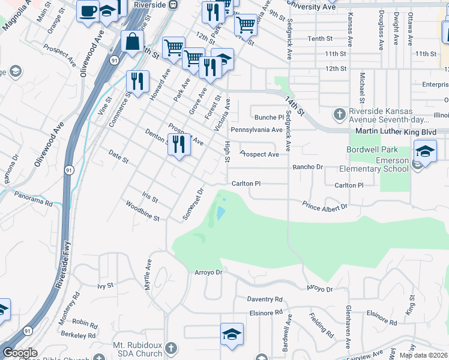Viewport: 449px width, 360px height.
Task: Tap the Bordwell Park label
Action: [368, 149]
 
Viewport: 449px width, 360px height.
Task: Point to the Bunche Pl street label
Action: [268, 118]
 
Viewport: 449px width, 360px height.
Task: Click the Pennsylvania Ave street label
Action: [256, 130]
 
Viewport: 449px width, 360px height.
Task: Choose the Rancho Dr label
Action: [308, 167]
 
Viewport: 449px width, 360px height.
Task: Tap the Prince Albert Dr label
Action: [325, 207]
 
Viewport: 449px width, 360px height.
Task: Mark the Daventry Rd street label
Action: [265, 299]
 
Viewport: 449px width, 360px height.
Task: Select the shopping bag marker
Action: [132, 43]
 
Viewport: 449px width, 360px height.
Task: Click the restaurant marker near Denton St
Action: [179, 145]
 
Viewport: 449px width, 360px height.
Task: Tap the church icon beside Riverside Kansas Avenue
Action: [339, 113]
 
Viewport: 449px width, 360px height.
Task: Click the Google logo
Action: [20, 353]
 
